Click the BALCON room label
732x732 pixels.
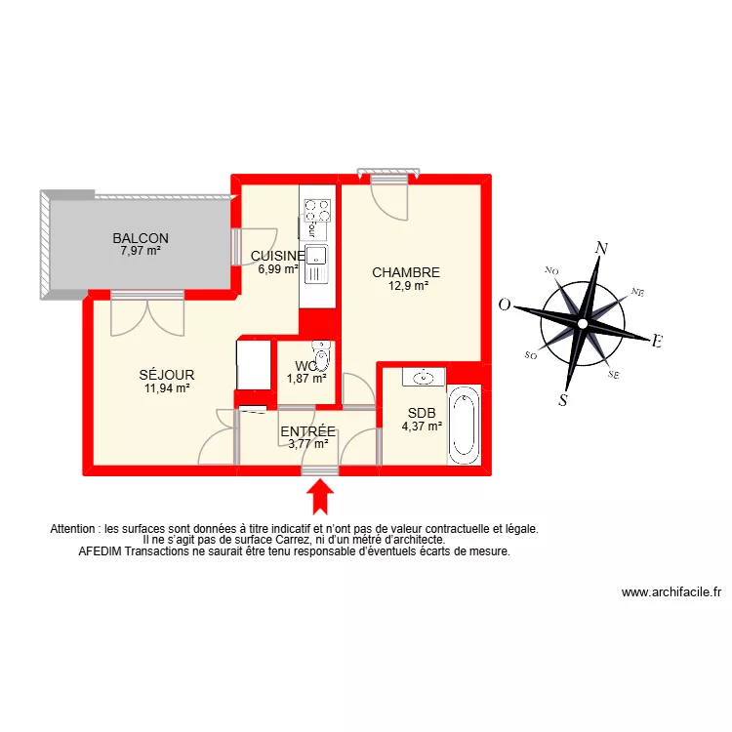point(141,238)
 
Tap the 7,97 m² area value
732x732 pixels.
point(141,251)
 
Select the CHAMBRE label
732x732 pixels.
point(406,273)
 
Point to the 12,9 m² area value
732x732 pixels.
point(407,287)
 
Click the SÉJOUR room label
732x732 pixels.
point(167,375)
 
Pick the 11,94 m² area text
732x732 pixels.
point(167,387)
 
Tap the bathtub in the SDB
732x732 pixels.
point(464,425)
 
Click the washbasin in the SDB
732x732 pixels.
point(426,376)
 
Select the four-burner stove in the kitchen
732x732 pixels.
point(316,211)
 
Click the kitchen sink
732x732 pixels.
point(316,257)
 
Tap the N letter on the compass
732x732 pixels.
point(602,249)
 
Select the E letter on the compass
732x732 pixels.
point(657,342)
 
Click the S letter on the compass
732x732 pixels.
point(564,398)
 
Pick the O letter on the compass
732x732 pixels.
point(505,305)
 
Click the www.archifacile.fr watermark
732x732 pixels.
point(671,592)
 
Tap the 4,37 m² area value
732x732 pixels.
point(422,426)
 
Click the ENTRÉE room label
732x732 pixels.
point(307,431)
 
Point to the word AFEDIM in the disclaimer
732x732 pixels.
point(100,551)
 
